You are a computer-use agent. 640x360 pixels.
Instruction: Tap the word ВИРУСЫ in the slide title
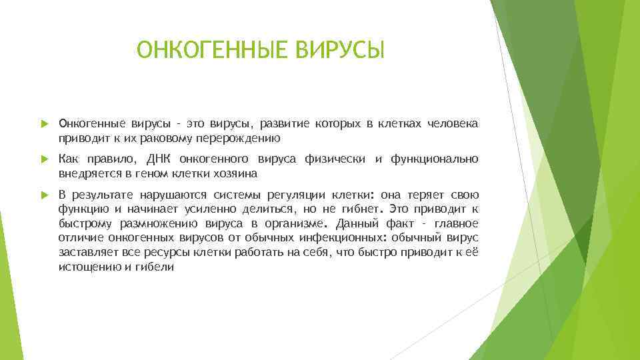[x=347, y=49]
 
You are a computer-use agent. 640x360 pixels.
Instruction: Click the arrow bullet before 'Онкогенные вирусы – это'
[x=45, y=124]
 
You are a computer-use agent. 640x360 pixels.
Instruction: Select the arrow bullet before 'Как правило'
[x=45, y=159]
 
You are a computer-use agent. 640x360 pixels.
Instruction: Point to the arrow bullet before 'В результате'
[x=45, y=195]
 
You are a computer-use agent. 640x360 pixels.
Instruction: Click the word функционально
[x=435, y=159]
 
